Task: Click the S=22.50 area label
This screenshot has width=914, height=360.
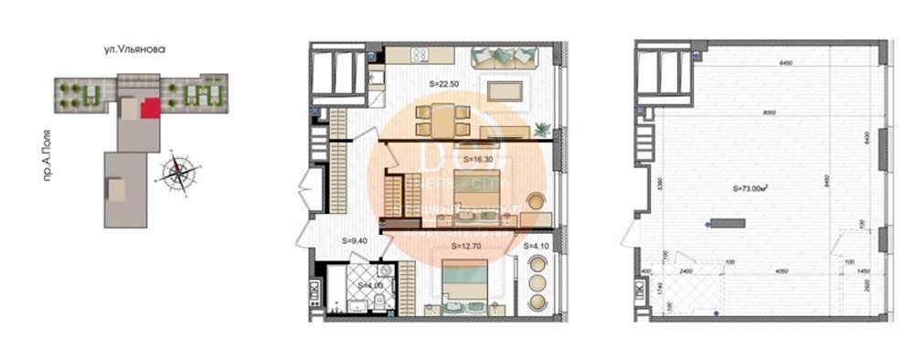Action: pos(445,83)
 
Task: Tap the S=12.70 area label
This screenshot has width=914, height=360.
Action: pos(469,247)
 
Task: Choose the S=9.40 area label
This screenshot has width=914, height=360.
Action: pos(355,241)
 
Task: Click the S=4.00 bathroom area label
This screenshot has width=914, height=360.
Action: pos(370,286)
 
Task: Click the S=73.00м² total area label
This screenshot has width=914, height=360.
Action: pos(750,189)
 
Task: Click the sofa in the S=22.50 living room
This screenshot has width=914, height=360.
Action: pos(502,58)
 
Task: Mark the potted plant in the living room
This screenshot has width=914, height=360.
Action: pos(543,128)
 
